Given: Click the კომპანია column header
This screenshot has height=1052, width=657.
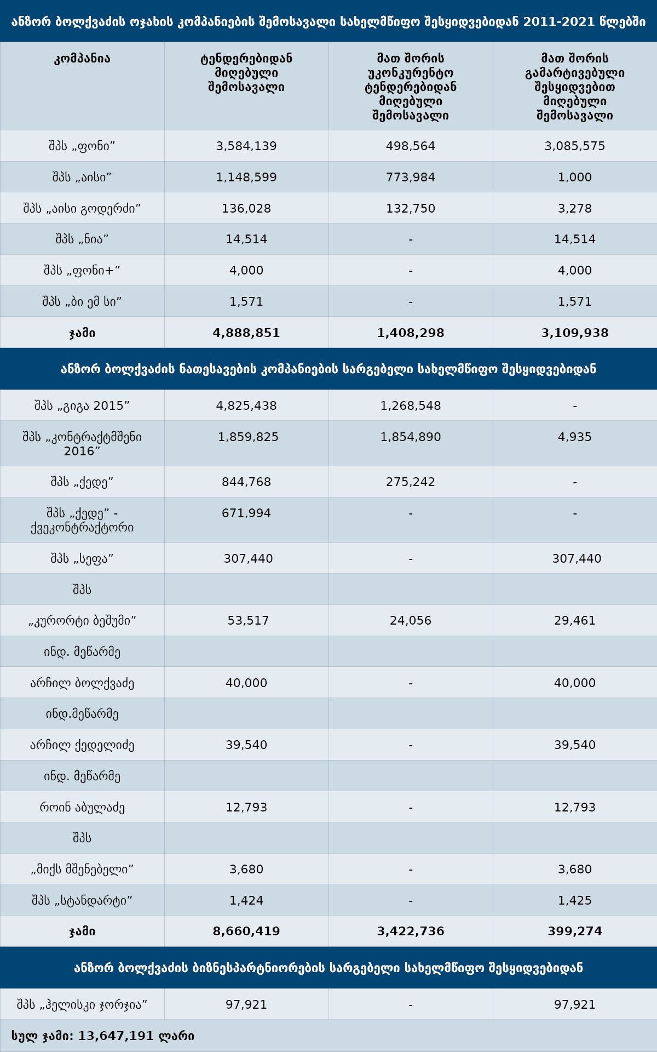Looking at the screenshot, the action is point(82,59).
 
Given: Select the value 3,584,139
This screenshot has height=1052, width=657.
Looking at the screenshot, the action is point(246,146).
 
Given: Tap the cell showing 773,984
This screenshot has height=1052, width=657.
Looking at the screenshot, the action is point(411,177).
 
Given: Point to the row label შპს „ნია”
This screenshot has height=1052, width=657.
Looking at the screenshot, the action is point(82,239).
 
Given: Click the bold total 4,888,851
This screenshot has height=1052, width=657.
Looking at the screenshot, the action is point(246,333).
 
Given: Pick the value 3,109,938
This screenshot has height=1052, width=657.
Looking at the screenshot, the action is point(575,333).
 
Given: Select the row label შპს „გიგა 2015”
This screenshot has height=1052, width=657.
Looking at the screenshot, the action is point(82,405).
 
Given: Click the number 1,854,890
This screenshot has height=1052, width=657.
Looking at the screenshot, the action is point(411,437).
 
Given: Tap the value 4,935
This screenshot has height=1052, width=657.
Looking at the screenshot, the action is point(575,437).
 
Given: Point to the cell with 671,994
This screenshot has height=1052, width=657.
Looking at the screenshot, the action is point(246,513).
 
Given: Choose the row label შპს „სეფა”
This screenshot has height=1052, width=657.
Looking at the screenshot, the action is point(82,558).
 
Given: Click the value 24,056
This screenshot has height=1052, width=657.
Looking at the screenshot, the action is point(411,620).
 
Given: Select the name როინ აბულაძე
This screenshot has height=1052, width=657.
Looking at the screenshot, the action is point(82,807).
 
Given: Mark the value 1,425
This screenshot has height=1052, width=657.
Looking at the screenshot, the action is point(575,900).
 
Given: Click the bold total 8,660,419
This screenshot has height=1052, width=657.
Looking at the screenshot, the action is point(246,931).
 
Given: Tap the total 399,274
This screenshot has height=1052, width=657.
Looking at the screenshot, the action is point(575,931).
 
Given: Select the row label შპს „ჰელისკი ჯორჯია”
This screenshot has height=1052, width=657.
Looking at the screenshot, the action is point(82,1004).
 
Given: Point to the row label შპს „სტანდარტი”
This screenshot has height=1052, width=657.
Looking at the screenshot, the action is point(82,900).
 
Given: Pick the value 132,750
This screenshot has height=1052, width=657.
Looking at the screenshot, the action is point(411,208).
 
